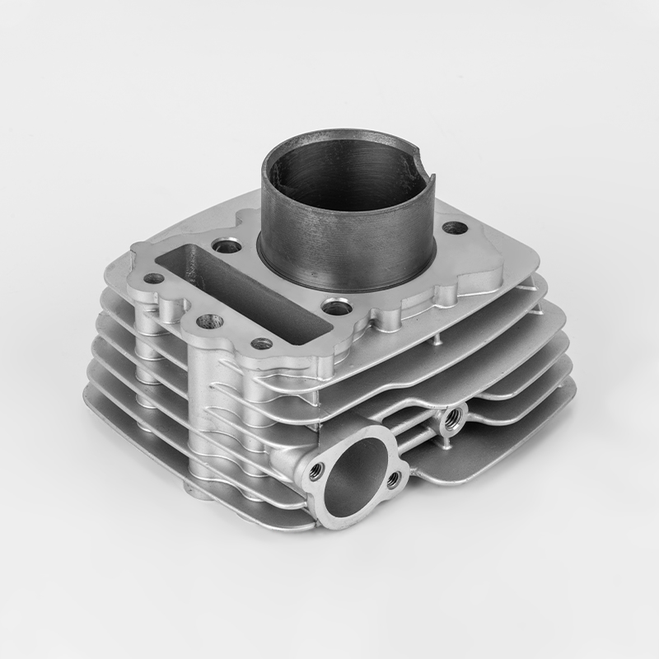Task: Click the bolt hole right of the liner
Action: [x=454, y=228]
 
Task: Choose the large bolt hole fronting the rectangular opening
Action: [x=206, y=320]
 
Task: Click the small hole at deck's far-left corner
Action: [x=154, y=278]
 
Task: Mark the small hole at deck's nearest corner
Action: [x=262, y=343]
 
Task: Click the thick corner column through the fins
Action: [x=206, y=412]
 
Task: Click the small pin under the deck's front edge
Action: [x=436, y=337]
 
